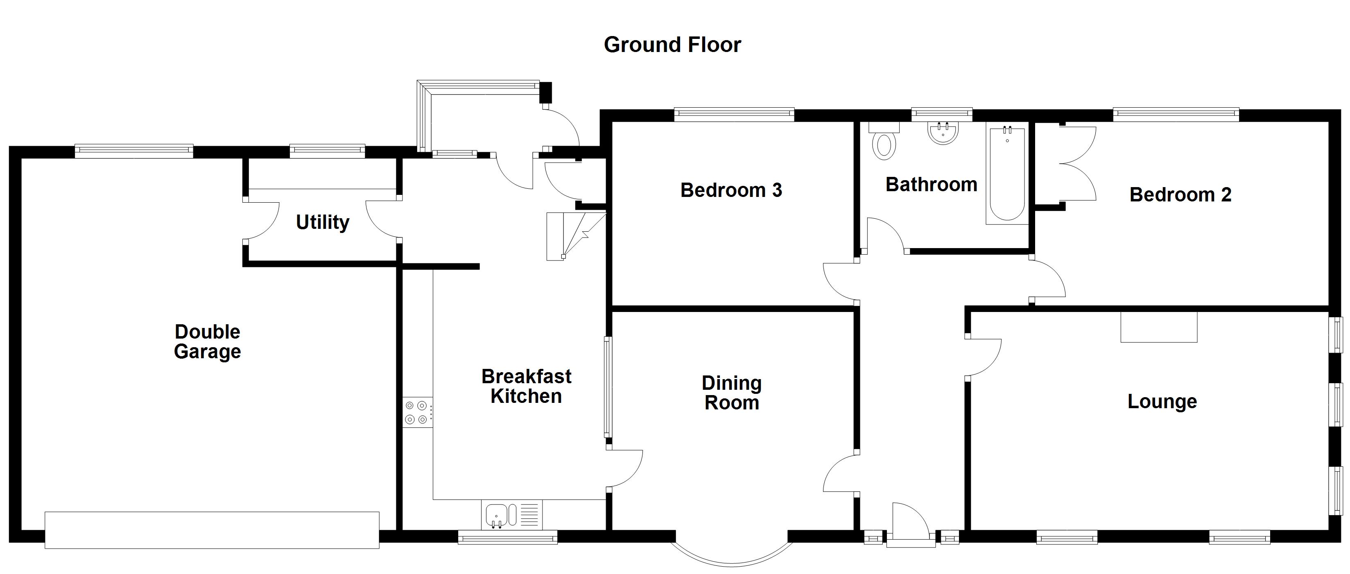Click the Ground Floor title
click(672, 45)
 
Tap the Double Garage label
click(207, 341)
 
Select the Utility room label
click(322, 222)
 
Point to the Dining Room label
click(732, 393)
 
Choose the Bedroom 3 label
click(731, 190)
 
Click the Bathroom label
click(931, 185)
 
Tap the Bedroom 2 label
click(1180, 194)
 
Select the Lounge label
click(1162, 402)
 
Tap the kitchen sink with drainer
click(511, 514)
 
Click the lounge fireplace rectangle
click(1159, 327)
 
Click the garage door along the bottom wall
click(212, 530)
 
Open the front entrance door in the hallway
click(911, 524)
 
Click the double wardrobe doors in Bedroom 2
click(1077, 163)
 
